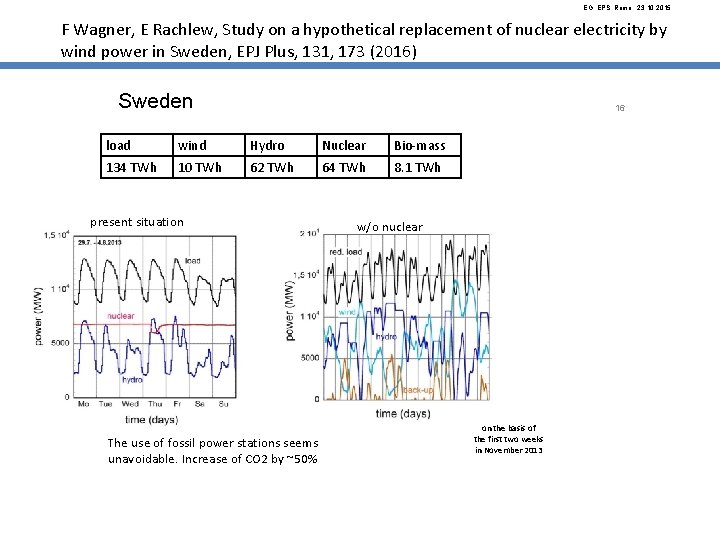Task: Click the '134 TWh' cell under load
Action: pos(131,167)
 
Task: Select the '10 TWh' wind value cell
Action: pos(200,167)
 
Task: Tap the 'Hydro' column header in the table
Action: pos(267,145)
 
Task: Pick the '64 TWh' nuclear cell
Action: pos(344,167)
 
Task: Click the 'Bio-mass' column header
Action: pos(420,145)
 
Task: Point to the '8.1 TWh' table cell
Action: pos(418,167)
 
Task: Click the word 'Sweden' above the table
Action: pos(155,102)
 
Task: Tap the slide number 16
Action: pos(620,108)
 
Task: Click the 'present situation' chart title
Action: pos(137,222)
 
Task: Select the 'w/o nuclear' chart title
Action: pos(390,227)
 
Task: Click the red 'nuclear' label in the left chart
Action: pos(121,316)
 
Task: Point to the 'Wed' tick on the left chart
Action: pos(146,404)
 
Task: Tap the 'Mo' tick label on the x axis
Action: pos(84,404)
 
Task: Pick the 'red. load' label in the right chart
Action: pos(348,252)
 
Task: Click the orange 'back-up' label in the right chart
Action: pos(418,389)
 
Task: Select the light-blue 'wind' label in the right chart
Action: pos(347,312)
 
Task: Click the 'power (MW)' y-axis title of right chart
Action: pos(291,309)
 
